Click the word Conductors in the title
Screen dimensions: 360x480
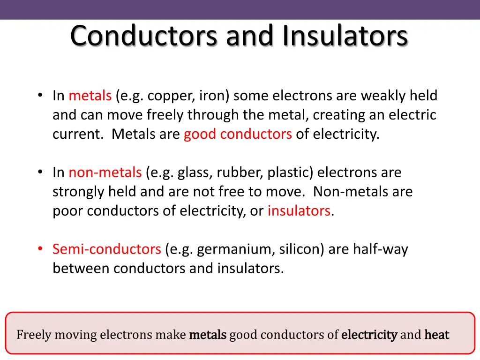[x=143, y=36]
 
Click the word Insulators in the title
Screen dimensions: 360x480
[x=345, y=36]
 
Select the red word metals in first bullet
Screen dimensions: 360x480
[x=90, y=96]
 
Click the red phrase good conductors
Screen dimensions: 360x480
[x=238, y=134]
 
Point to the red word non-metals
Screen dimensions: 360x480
[x=105, y=172]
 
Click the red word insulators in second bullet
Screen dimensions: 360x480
[x=299, y=211]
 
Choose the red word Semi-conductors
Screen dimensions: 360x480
[x=106, y=249]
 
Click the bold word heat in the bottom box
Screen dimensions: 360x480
[x=436, y=335]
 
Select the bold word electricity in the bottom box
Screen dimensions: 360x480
[x=369, y=335]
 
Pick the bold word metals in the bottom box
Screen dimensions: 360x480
[x=208, y=335]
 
